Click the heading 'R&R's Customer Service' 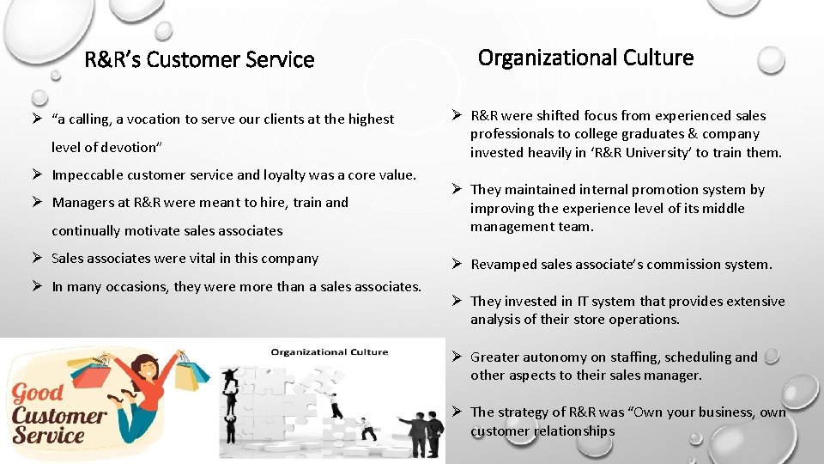pos(199,60)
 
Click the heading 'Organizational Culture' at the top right pos(585,58)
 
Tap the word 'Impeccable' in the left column pos(84,175)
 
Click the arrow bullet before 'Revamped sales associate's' pos(458,264)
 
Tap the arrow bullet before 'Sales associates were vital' pos(39,258)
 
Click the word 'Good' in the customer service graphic pos(39,394)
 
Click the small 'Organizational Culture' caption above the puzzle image pos(330,351)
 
